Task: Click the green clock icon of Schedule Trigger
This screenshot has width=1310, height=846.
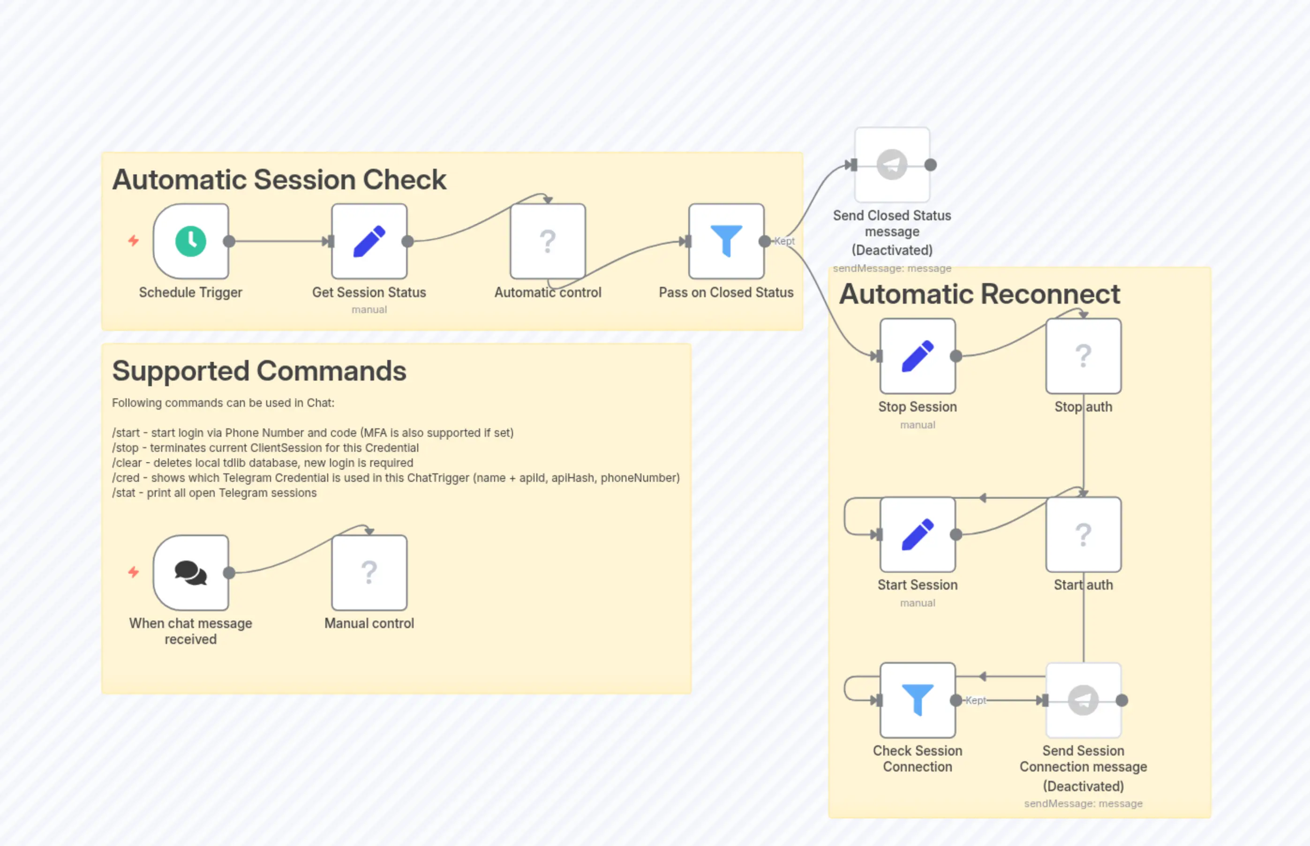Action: pyautogui.click(x=191, y=241)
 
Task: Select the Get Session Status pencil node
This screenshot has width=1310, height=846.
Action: pyautogui.click(x=369, y=241)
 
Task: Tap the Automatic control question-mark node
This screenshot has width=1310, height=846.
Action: pyautogui.click(x=547, y=241)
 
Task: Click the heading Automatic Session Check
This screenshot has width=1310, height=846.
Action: pyautogui.click(x=279, y=180)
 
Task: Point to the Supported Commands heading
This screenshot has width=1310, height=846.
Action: pyautogui.click(x=259, y=371)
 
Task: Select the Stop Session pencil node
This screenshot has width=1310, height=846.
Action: pyautogui.click(x=917, y=356)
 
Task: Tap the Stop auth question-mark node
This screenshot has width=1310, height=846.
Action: pyautogui.click(x=1083, y=356)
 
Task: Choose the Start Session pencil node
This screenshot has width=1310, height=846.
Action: pyautogui.click(x=917, y=534)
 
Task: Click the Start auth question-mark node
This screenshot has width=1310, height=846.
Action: pyautogui.click(x=1083, y=534)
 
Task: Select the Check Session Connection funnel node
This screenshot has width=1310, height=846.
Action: pyautogui.click(x=917, y=700)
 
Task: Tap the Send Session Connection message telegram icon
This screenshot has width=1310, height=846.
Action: pyautogui.click(x=1083, y=700)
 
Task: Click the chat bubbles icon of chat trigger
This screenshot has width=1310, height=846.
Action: pyautogui.click(x=191, y=572)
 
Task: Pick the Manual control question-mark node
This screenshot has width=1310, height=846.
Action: pyautogui.click(x=369, y=572)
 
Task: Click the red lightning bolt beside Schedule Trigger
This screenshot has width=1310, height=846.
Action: pyautogui.click(x=134, y=240)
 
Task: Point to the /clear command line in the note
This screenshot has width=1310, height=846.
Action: pyautogui.click(x=263, y=463)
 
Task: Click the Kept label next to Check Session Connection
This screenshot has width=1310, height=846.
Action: pyautogui.click(x=976, y=700)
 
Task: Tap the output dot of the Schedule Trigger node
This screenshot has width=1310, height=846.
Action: pyautogui.click(x=229, y=241)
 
